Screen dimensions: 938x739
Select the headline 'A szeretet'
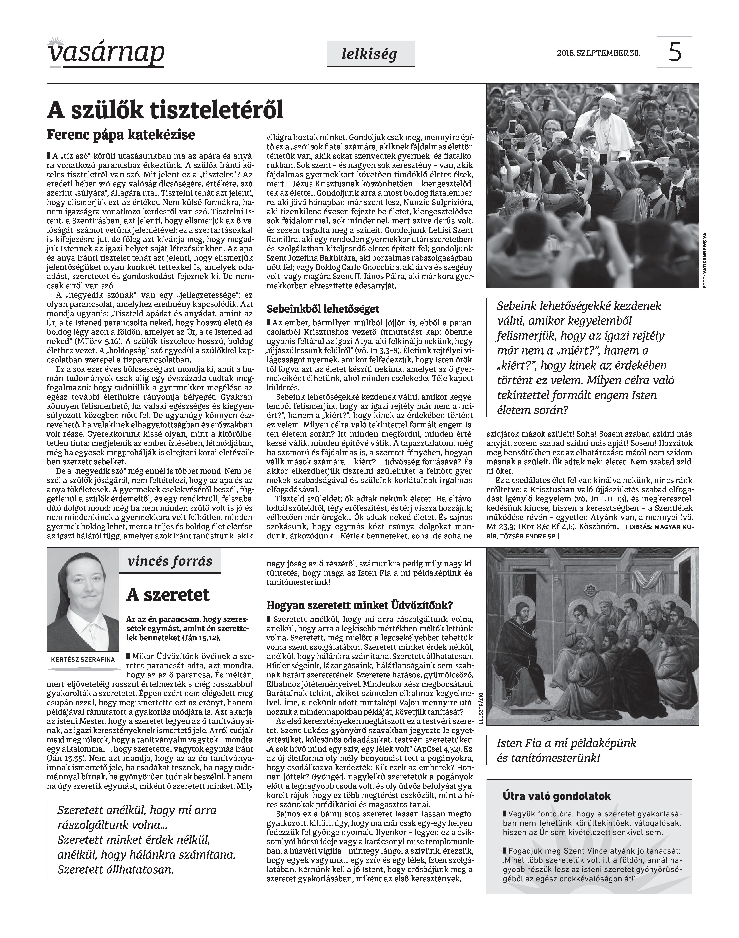168,595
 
